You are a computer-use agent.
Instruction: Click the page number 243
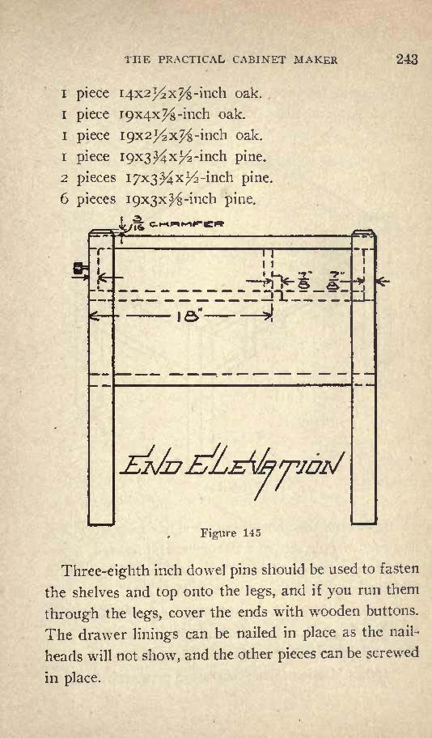click(407, 60)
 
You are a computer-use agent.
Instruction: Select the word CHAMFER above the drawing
click(186, 223)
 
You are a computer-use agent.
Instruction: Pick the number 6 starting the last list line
click(65, 200)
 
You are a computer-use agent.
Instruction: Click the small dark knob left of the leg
click(80, 269)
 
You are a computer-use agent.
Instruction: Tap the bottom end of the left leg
click(101, 524)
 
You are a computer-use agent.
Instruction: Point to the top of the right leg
click(364, 231)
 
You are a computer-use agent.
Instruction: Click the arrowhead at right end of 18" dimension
click(269, 316)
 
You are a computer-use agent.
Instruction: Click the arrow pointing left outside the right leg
click(383, 282)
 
